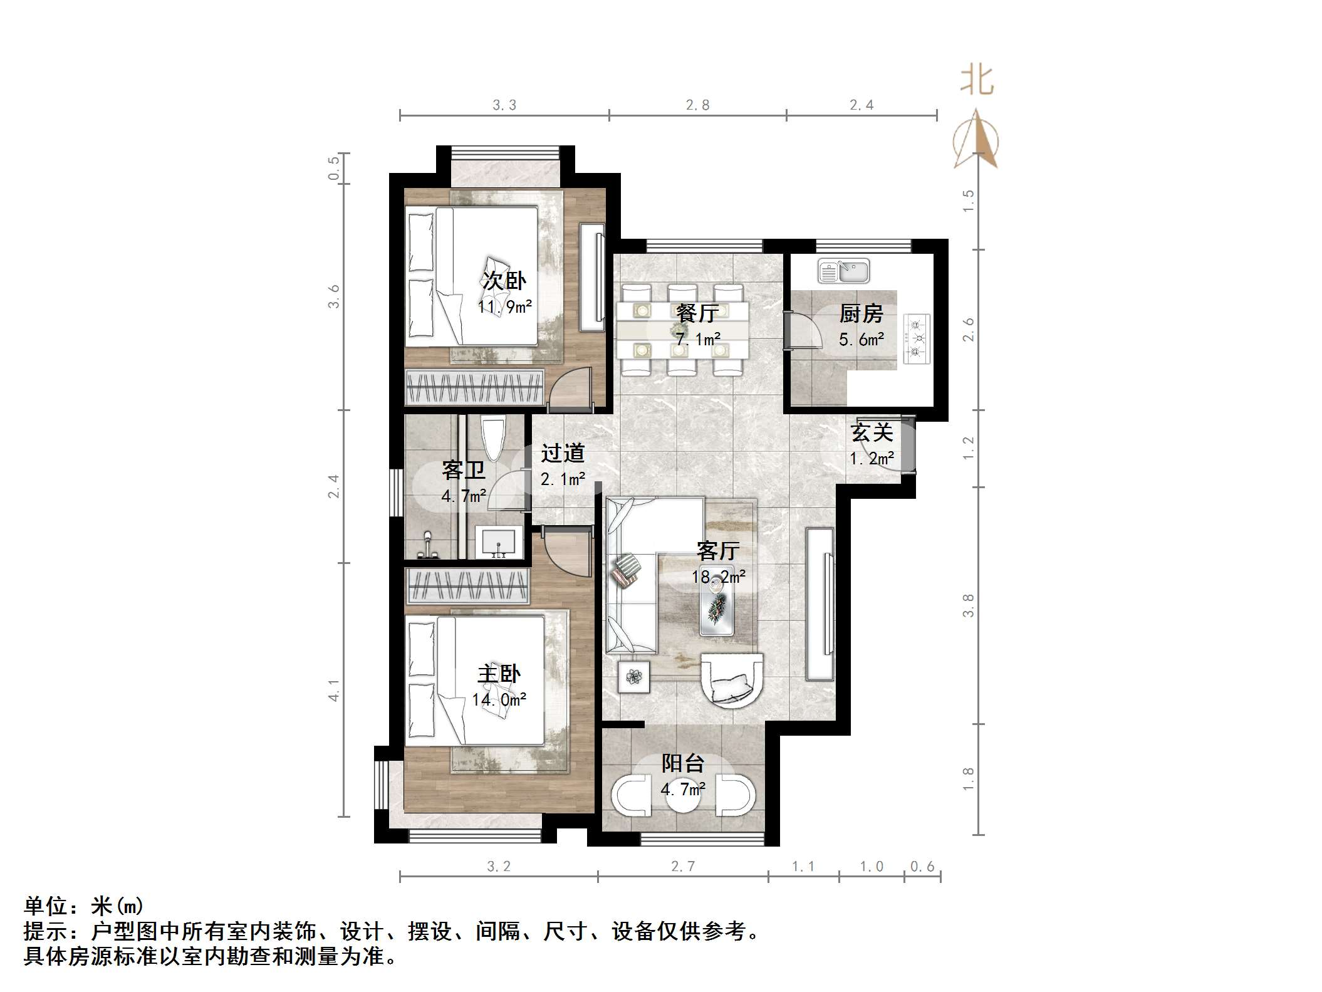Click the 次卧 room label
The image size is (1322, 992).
click(504, 280)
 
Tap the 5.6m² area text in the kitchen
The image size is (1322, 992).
click(861, 340)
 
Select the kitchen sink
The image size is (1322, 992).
click(843, 271)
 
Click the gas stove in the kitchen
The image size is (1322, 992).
click(915, 340)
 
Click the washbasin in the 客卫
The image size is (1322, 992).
click(499, 541)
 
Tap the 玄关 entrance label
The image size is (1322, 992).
click(872, 432)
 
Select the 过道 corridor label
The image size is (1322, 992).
click(563, 453)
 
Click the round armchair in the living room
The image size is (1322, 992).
click(732, 681)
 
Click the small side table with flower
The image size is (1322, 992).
click(633, 677)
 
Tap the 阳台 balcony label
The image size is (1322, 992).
click(683, 763)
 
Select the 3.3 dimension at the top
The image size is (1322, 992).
click(504, 105)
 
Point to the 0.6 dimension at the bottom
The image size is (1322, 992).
click(922, 866)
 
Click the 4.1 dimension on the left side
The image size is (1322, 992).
click(334, 690)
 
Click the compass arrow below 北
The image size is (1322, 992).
click(976, 139)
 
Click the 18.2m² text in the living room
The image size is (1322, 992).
click(718, 576)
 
